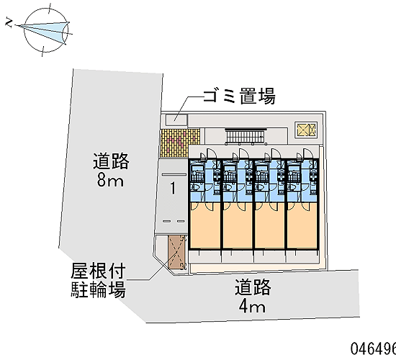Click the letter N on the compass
pyautogui.click(x=9, y=23)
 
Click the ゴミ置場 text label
pyautogui.click(x=239, y=96)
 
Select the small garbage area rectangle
pyautogui.click(x=176, y=120)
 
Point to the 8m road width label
pyautogui.click(x=110, y=180)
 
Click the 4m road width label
pyautogui.click(x=252, y=307)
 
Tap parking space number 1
pyautogui.click(x=173, y=188)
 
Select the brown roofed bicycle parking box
pyautogui.click(x=177, y=252)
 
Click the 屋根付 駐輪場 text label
pyautogui.click(x=98, y=281)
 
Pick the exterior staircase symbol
pyautogui.click(x=246, y=136)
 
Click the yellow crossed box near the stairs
pyautogui.click(x=306, y=130)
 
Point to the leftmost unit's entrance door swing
pyautogui.click(x=211, y=153)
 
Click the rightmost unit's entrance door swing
pyautogui.click(x=307, y=153)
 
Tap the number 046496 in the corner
pyautogui.click(x=373, y=349)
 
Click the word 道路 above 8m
pyautogui.click(x=111, y=161)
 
